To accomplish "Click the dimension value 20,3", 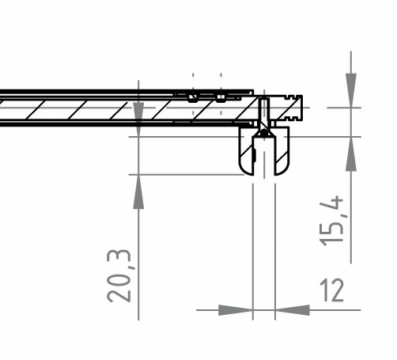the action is point(119,276).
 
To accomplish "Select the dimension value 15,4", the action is point(331,221).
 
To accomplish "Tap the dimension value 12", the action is point(331,290).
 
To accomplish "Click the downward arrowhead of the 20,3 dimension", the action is point(138,119).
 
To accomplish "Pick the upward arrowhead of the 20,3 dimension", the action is point(138,191).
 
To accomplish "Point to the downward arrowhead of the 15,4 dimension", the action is point(351,90).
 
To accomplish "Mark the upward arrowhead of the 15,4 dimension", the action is point(351,154).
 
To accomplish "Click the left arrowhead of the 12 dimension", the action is point(236,310).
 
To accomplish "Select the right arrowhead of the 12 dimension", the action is point(293,310).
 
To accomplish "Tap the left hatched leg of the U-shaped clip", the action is point(247,152).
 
